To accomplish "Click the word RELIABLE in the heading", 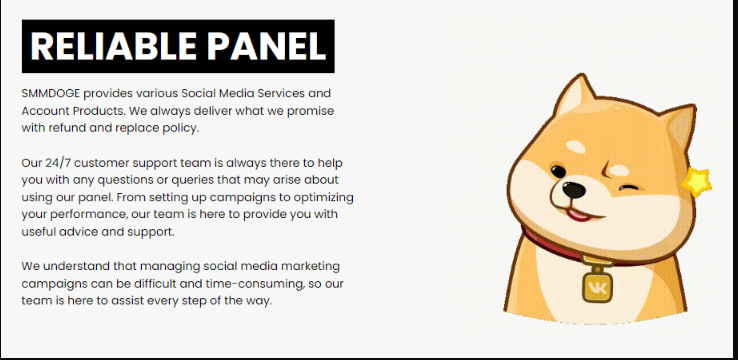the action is (x=113, y=46).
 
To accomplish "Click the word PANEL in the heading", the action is (x=266, y=46).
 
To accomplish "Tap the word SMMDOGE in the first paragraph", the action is (x=51, y=93).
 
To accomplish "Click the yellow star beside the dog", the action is (x=697, y=182).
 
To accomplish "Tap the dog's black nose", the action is (x=574, y=190).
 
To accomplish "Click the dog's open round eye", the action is (x=558, y=171).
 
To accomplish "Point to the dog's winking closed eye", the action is (x=629, y=188).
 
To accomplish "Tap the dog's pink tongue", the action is (x=578, y=215).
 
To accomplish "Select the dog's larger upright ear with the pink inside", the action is (x=575, y=95).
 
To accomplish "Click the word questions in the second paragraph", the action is (x=123, y=180).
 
